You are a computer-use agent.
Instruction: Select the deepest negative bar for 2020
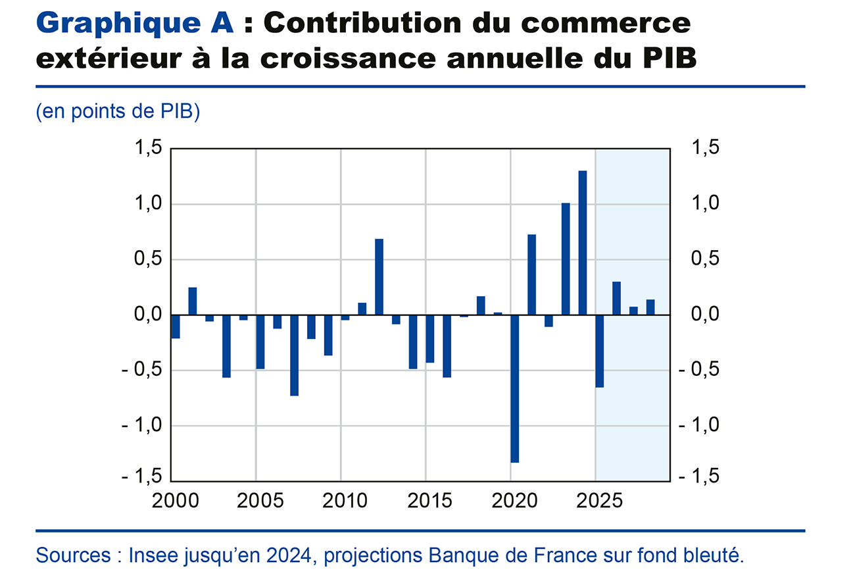(x=514, y=388)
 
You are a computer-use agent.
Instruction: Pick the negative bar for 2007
(x=294, y=355)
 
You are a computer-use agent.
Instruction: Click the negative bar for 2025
(x=599, y=351)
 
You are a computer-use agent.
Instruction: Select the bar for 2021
(x=531, y=274)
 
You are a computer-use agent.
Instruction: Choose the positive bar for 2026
(x=616, y=298)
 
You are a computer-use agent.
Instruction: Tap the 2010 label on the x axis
(x=341, y=501)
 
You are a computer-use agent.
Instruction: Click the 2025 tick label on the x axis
(x=596, y=501)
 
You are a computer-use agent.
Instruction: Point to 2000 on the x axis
(x=171, y=501)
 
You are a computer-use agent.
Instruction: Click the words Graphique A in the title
(x=135, y=24)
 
